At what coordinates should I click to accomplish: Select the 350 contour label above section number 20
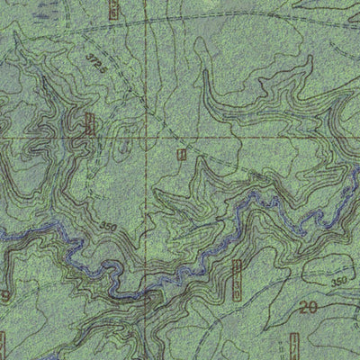[x=338, y=282]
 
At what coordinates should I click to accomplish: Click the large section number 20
[x=308, y=308]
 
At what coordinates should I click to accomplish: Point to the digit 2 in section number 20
[x=302, y=308]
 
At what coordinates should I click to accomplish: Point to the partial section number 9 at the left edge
[x=4, y=295]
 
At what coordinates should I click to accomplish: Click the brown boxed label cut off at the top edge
[x=112, y=9]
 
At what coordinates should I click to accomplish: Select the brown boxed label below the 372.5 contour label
[x=89, y=124]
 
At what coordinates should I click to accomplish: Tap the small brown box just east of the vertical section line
[x=182, y=154]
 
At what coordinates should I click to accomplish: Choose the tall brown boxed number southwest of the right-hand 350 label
[x=238, y=279]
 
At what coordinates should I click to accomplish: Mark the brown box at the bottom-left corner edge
[x=3, y=344]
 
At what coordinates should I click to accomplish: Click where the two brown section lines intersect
[x=147, y=137]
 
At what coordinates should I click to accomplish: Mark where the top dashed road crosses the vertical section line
[x=147, y=20]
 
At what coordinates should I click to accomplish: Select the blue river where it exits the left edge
[x=3, y=236]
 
